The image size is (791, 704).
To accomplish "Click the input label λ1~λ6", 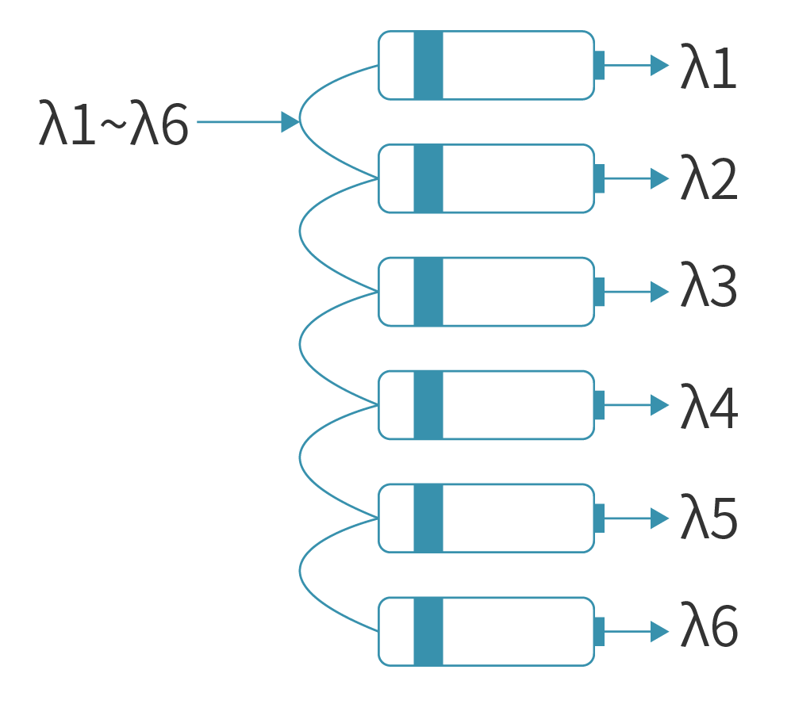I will tap(113, 124).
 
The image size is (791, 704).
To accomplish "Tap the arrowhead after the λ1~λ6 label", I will tap(290, 122).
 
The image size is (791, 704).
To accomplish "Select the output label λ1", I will tap(708, 67).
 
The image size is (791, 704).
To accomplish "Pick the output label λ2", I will tap(708, 181).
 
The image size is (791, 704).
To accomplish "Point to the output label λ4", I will tap(708, 407).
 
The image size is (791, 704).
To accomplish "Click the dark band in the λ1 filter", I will tap(428, 65).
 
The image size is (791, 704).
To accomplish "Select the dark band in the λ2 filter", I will tap(428, 178).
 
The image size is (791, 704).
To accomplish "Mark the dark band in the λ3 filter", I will tap(428, 292).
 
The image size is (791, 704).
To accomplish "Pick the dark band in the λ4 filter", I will tap(428, 405).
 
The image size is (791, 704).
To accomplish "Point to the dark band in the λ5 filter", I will tap(428, 518).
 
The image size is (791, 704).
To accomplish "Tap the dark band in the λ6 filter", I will tap(428, 632).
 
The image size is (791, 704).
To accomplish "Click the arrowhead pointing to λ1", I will tap(659, 65).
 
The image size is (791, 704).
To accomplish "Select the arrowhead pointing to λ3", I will tap(659, 292).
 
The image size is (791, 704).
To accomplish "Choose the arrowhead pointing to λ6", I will tap(659, 632).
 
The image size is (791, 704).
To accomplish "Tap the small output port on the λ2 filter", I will tap(599, 178).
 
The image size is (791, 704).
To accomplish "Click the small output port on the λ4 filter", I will tap(599, 405).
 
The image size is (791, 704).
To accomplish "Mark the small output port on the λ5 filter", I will tap(599, 518).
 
